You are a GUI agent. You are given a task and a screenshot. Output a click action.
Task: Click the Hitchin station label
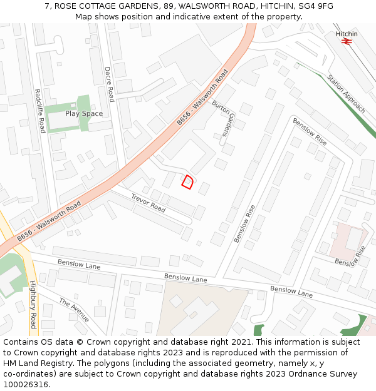pos(347,34)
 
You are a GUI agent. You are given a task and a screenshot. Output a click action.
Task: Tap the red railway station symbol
pos(347,42)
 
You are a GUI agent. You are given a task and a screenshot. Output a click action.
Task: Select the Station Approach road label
pos(346,94)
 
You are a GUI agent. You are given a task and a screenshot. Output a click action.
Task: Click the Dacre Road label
pos(109,84)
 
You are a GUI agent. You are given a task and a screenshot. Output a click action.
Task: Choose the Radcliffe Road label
pos(40,111)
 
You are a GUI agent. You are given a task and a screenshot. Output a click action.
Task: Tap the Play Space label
pos(84,114)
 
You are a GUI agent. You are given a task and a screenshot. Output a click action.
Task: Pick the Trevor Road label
pos(148,203)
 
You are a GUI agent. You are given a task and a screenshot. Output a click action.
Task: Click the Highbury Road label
pos(33,304)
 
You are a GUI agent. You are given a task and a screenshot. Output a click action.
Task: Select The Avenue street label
pos(75,310)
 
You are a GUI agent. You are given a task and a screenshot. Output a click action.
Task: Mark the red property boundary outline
pos(187,181)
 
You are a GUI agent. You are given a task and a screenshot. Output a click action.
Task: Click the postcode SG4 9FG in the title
pos(316,6)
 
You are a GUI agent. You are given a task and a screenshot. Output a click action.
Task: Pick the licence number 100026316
pos(25,385)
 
